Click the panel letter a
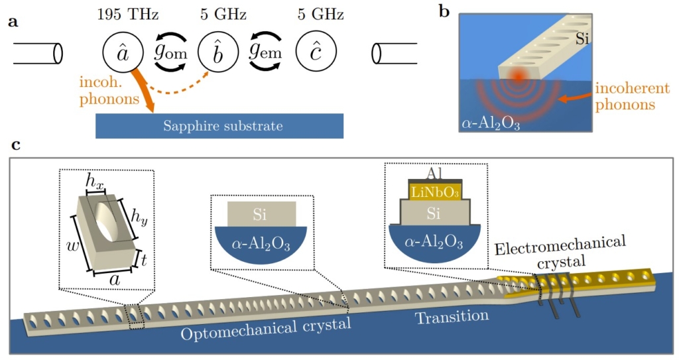[13, 23]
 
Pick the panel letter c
[13, 146]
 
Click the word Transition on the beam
[452, 318]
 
